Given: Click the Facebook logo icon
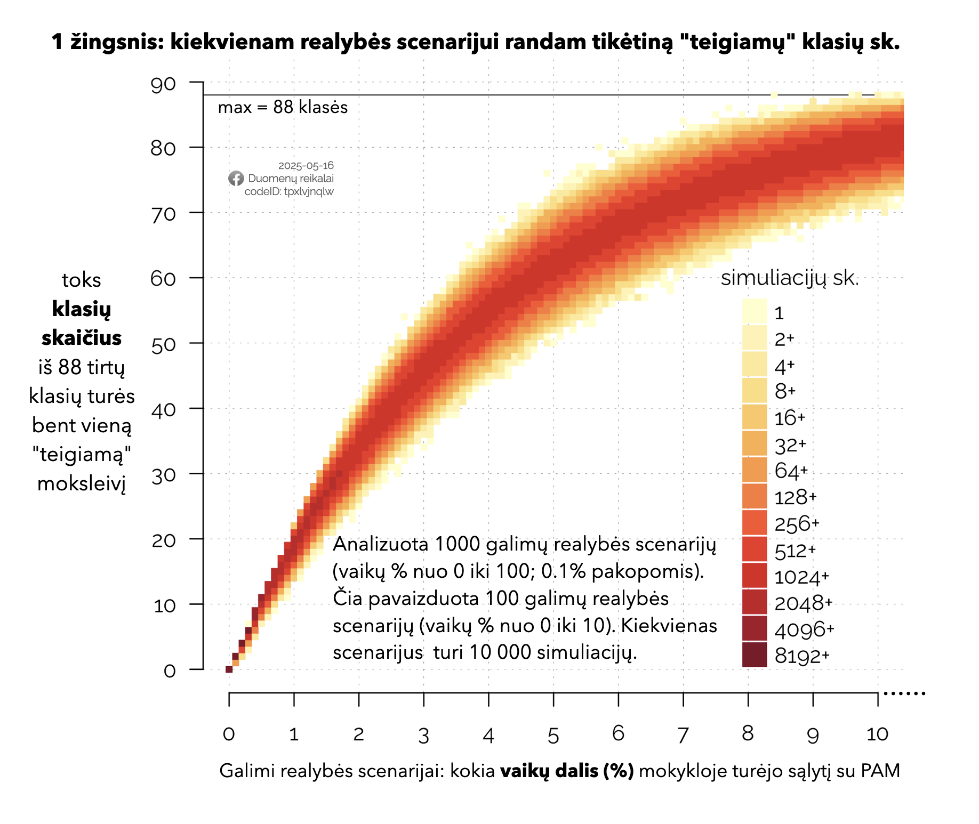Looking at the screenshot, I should click(x=236, y=179).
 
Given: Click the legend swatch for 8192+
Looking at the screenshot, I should click(x=754, y=655).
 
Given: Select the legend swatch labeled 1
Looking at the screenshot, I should click(x=754, y=312).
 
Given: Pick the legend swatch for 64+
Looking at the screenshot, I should click(x=754, y=470).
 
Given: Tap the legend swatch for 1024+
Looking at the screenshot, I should click(x=754, y=576).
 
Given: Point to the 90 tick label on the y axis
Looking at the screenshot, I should click(x=163, y=85).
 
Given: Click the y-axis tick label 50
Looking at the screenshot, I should click(x=163, y=344).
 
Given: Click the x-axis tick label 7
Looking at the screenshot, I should click(x=683, y=735).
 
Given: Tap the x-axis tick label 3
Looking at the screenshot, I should click(x=423, y=736).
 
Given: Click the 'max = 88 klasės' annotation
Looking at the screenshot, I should click(x=283, y=108).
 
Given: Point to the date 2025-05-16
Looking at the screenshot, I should click(x=306, y=166).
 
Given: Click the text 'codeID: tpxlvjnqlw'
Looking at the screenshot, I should click(x=289, y=191).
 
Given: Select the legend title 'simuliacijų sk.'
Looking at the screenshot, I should click(x=790, y=278).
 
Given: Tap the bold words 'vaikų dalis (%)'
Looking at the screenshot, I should click(x=567, y=771).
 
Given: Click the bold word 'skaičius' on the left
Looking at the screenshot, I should click(x=82, y=338).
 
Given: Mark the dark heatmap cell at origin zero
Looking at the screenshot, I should click(x=229, y=669).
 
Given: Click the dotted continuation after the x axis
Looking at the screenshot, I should click(x=904, y=693).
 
